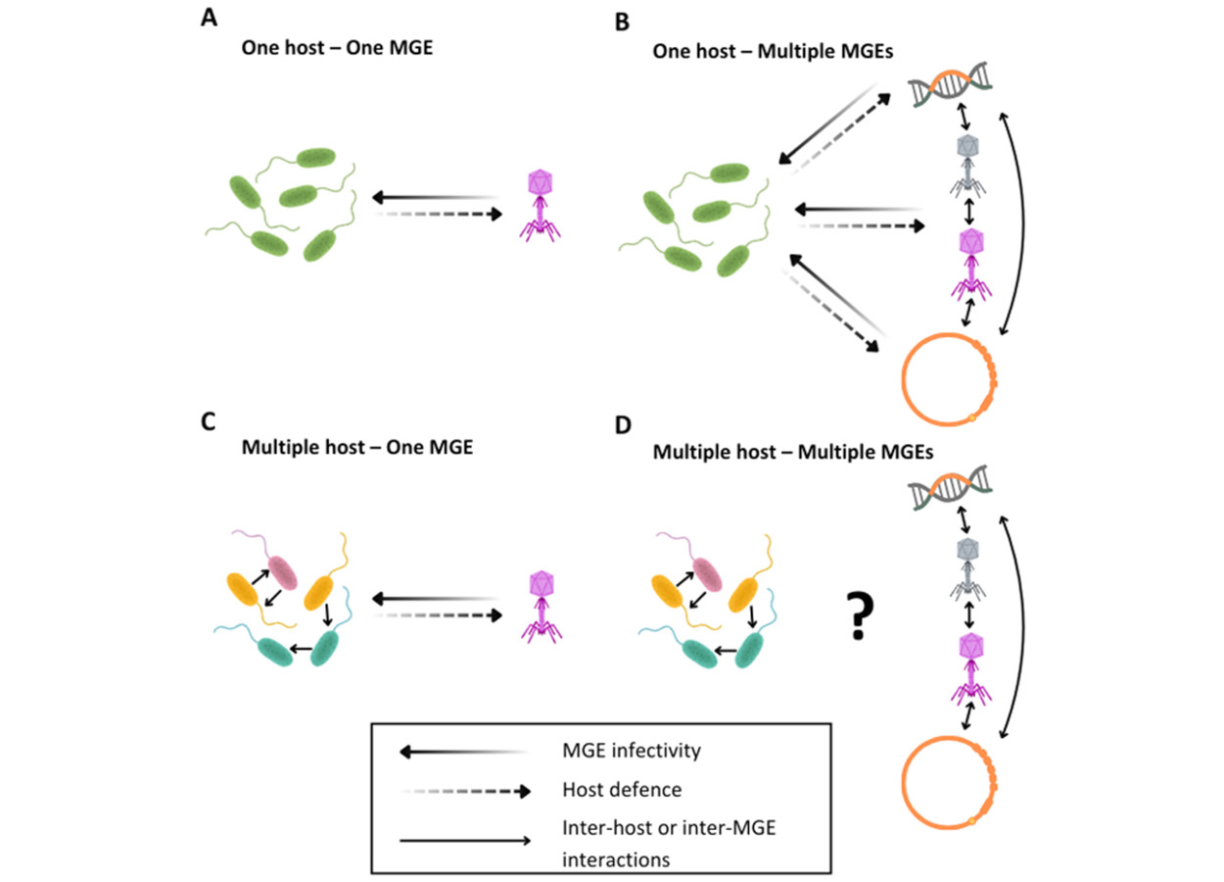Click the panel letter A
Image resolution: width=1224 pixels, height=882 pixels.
(208, 17)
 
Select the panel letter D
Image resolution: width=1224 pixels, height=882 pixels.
(621, 425)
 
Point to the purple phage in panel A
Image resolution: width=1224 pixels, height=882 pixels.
(538, 204)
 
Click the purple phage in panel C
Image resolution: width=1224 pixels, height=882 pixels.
(538, 606)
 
